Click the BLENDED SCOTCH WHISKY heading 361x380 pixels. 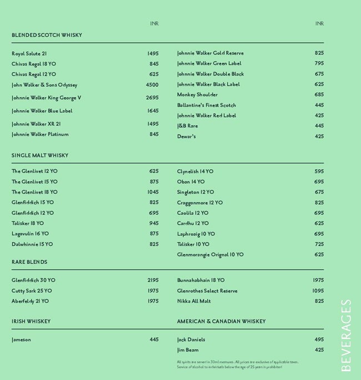pos(47,35)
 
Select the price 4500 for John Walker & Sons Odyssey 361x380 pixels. pos(152,85)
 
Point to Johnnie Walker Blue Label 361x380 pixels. pos(42,111)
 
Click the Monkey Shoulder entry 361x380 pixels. pos(197,95)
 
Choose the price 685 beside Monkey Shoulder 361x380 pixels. pos(319,95)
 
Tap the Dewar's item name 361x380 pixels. pos(187,136)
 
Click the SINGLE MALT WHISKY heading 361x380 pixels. pos(40,155)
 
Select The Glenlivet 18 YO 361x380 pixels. pos(34,192)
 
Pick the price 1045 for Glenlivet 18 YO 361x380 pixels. pos(153,192)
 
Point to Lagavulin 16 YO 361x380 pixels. pos(30,234)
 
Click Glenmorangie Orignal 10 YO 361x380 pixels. pos(210,255)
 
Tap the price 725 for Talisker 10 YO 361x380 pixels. pos(319,244)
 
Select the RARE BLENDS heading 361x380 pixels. pos(29,262)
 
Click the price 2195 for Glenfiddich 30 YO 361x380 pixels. pos(153,280)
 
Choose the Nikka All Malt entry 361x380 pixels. pos(194,301)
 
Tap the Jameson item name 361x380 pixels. pos(21,339)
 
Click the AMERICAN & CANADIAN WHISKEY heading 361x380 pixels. pos(221,322)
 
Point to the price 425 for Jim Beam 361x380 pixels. pos(319,350)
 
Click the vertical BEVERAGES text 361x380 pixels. pos(345,335)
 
